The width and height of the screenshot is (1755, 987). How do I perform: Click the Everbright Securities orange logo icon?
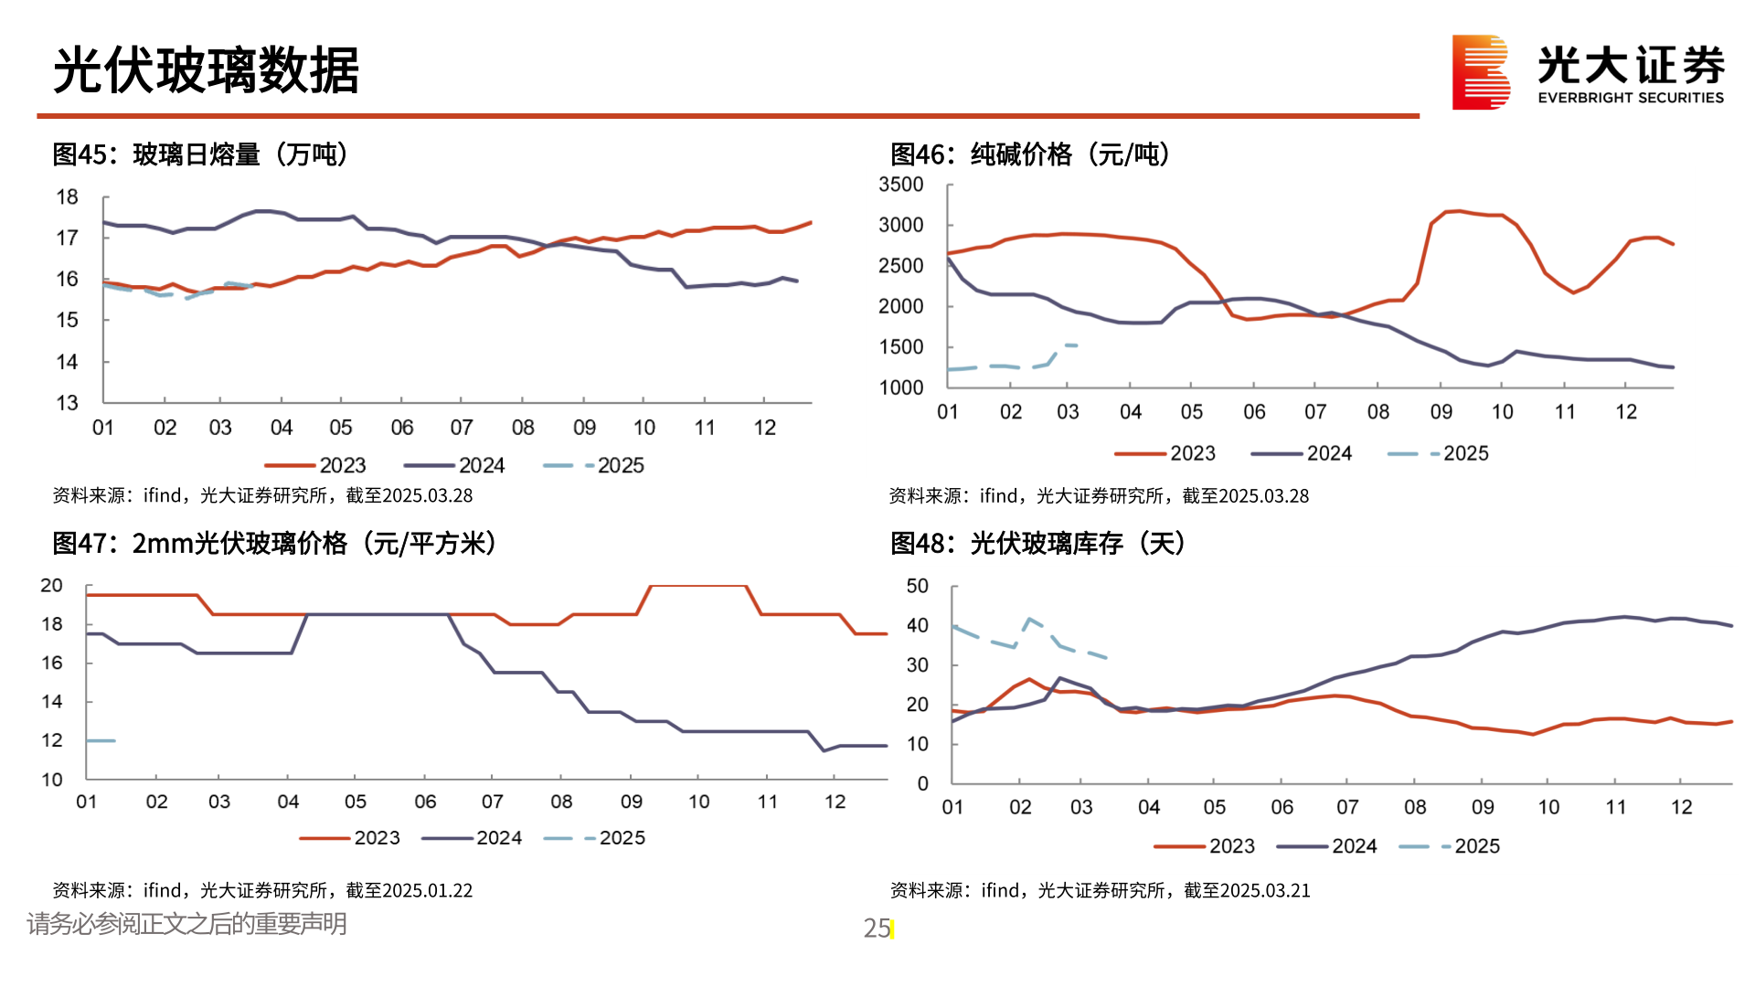(x=1480, y=72)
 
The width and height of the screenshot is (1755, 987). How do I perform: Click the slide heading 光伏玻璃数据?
(x=207, y=70)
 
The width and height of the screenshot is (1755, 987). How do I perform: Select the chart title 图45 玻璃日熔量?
(x=200, y=154)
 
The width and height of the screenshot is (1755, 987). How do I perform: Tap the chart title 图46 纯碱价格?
(x=1030, y=154)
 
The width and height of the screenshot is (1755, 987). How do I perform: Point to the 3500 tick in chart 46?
(x=900, y=185)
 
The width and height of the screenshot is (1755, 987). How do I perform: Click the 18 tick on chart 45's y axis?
(x=67, y=197)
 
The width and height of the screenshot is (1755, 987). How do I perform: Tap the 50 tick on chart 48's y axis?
(x=917, y=586)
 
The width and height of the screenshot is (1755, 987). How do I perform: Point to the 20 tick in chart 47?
(x=51, y=586)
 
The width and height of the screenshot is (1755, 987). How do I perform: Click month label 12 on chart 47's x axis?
(x=835, y=801)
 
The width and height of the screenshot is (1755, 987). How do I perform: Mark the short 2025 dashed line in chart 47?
(x=101, y=740)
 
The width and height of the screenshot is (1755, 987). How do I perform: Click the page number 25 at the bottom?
(x=877, y=929)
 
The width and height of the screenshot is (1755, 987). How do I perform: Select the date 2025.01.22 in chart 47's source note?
(x=427, y=890)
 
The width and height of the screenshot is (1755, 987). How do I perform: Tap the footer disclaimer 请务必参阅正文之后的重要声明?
(x=186, y=924)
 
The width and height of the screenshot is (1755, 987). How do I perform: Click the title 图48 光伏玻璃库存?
(x=1037, y=544)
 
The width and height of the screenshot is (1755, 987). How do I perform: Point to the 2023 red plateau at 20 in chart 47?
(x=698, y=586)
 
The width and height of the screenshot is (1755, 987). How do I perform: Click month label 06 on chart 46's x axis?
(x=1254, y=412)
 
